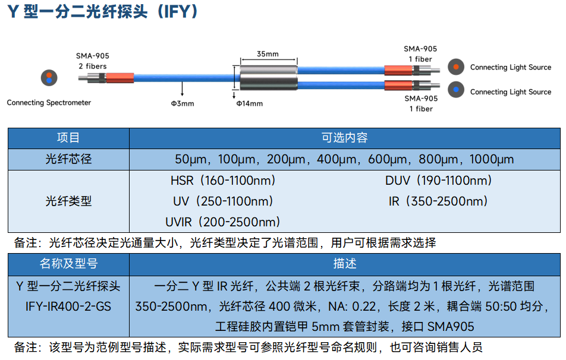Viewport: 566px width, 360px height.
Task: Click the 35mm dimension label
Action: [268, 54]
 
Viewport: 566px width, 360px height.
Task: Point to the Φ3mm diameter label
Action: [183, 103]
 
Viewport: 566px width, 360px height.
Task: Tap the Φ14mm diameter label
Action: [250, 103]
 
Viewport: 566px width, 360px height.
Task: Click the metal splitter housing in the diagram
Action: [269, 78]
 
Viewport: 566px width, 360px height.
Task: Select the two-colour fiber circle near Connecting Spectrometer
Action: [49, 78]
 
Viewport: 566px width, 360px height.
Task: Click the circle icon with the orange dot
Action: [456, 67]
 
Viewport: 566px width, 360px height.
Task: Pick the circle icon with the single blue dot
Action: [456, 90]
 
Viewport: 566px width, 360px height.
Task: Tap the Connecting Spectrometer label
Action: [49, 103]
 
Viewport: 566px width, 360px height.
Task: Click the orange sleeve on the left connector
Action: [120, 78]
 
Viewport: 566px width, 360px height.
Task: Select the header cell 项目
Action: [68, 138]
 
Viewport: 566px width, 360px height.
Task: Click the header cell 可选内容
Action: [344, 138]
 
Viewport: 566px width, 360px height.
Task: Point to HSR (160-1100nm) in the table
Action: [223, 181]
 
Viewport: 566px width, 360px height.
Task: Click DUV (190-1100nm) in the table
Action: [439, 181]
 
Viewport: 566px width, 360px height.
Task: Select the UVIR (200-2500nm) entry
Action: [223, 222]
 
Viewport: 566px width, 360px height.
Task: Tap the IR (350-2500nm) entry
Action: [438, 201]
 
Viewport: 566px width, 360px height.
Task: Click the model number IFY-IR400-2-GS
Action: [68, 307]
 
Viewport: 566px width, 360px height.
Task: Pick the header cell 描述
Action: [344, 264]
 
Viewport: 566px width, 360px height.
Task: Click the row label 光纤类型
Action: [68, 201]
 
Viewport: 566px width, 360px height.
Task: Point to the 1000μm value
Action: [492, 159]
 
